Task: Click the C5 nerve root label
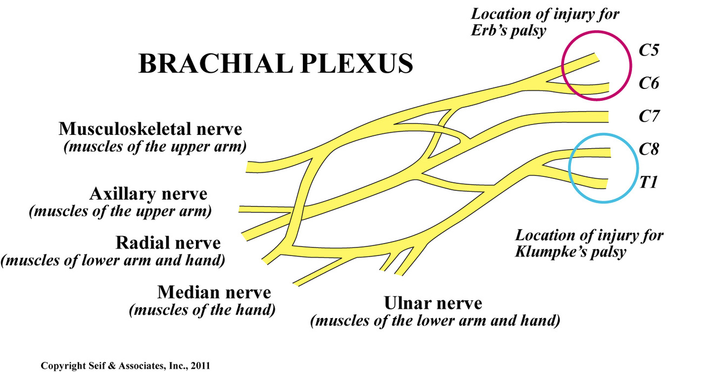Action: click(649, 52)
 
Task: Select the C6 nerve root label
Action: click(649, 84)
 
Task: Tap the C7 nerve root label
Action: click(649, 116)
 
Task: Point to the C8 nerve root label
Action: click(649, 149)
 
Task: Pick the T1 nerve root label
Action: click(648, 183)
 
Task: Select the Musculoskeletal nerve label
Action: click(151, 129)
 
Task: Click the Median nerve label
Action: click(214, 293)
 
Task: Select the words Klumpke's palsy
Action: click(571, 251)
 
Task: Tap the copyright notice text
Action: click(125, 366)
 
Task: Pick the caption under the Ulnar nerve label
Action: click(434, 321)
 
